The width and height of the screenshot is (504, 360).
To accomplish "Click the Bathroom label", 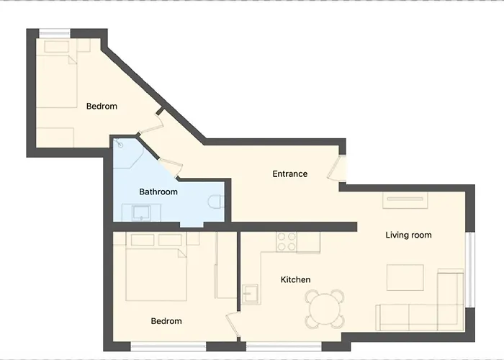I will point(158,192).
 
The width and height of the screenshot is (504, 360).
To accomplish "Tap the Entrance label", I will point(289,174).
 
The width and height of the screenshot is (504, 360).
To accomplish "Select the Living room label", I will point(408,235).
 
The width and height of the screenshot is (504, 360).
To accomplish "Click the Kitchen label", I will point(295,279).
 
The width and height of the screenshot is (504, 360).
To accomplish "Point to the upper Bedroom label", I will point(102,107).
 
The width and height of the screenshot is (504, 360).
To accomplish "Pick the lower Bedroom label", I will point(166,321).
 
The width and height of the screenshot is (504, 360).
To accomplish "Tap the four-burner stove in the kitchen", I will point(287,242).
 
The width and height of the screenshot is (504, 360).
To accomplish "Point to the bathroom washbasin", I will point(140,212).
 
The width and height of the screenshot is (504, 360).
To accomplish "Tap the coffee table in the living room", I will point(405,277).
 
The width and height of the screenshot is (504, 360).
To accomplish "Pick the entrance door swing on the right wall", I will point(336,168).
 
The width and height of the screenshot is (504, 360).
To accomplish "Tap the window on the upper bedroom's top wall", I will point(54,32).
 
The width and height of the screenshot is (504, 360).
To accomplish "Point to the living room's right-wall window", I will point(472,259).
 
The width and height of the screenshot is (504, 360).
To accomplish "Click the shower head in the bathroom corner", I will point(120,143).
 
